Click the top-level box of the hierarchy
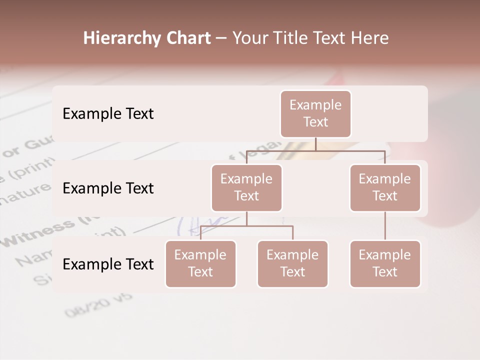[x=315, y=113]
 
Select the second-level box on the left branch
[x=246, y=187]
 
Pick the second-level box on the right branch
[x=385, y=187]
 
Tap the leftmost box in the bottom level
[x=200, y=263]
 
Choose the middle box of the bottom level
[x=292, y=263]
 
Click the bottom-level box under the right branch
[x=385, y=263]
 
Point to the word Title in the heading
[x=295, y=38]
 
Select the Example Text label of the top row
[x=108, y=114]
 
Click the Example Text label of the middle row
[x=108, y=188]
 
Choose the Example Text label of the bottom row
[x=108, y=264]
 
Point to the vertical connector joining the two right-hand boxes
[x=385, y=226]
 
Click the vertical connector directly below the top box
[x=315, y=144]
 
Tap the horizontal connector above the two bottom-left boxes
[x=246, y=226]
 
